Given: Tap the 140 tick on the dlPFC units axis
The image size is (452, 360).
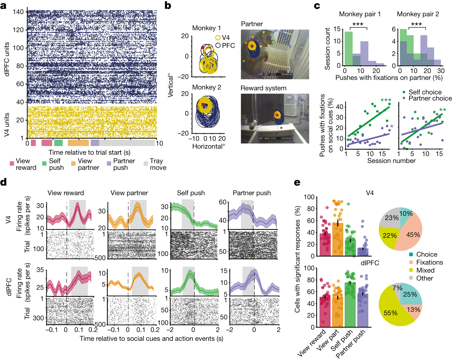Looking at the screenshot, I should click(x=18, y=12).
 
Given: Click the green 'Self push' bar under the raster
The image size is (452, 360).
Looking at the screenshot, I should click(x=58, y=143).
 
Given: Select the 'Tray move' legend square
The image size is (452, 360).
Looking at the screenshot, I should click(x=146, y=163).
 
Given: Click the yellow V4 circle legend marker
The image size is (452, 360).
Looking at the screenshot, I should click(x=218, y=38).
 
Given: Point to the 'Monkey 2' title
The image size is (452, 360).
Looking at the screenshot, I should click(x=207, y=87).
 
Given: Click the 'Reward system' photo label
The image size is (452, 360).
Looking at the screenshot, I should click(x=263, y=88).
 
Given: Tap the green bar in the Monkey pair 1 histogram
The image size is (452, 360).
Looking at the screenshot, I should click(x=349, y=48).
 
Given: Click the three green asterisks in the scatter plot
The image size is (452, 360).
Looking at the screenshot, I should click(x=386, y=100).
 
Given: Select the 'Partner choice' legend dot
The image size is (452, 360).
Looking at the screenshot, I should click(x=404, y=98).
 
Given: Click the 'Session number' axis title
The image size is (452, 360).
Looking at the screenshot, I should click(x=391, y=161).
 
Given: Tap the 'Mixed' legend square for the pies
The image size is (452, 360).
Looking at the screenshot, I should click(x=411, y=270).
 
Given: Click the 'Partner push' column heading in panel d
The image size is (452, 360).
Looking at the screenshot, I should click(x=252, y=193).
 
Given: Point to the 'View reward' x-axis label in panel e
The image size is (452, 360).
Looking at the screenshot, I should click(x=312, y=342).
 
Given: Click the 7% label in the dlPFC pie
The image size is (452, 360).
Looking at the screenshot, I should click(x=397, y=288).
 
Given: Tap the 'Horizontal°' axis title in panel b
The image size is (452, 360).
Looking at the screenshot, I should click(x=208, y=146).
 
